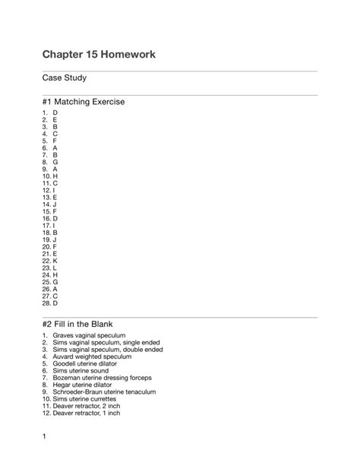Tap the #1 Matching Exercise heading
tap(84, 102)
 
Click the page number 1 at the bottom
tap(45, 436)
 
